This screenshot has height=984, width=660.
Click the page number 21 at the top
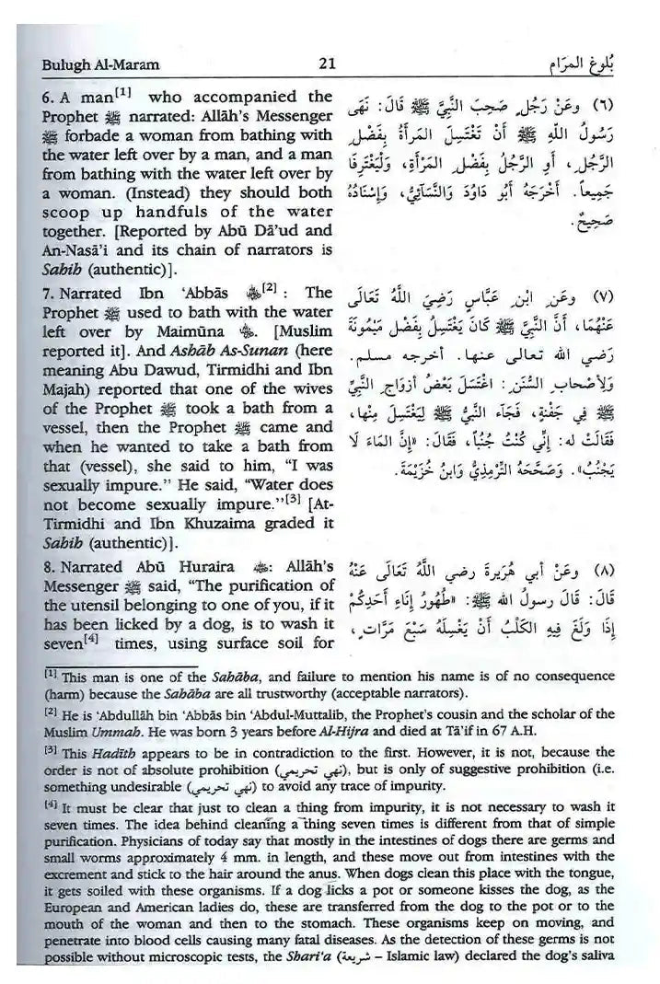pyautogui.click(x=324, y=64)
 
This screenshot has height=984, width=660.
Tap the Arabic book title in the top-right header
pyautogui.click(x=597, y=64)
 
